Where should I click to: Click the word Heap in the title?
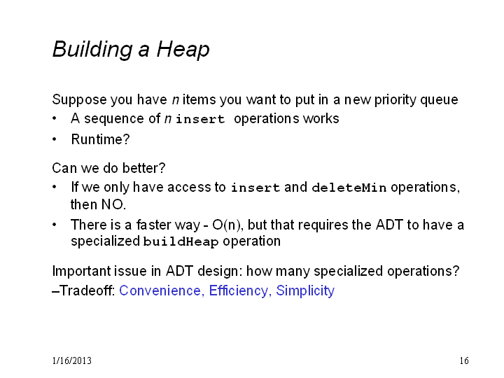click(183, 50)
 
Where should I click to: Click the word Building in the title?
click(92, 50)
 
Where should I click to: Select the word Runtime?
click(100, 139)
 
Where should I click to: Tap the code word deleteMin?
click(349, 188)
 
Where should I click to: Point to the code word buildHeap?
click(181, 241)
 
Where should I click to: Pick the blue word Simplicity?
click(305, 290)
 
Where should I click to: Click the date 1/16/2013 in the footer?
click(71, 360)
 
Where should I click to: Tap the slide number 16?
click(464, 360)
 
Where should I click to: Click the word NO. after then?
click(114, 204)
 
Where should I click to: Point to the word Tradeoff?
click(87, 290)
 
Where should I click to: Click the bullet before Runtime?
click(55, 139)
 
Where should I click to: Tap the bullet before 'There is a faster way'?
click(55, 225)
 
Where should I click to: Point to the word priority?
click(395, 99)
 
